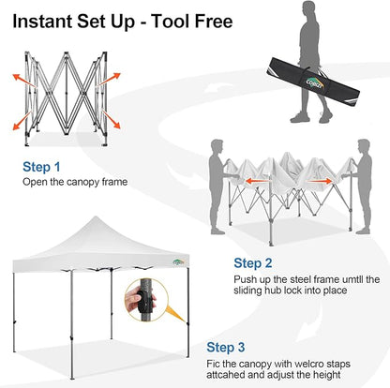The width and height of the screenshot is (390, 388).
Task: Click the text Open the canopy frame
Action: [x=74, y=182]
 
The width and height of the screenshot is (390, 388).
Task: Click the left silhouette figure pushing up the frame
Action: [x=216, y=187]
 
